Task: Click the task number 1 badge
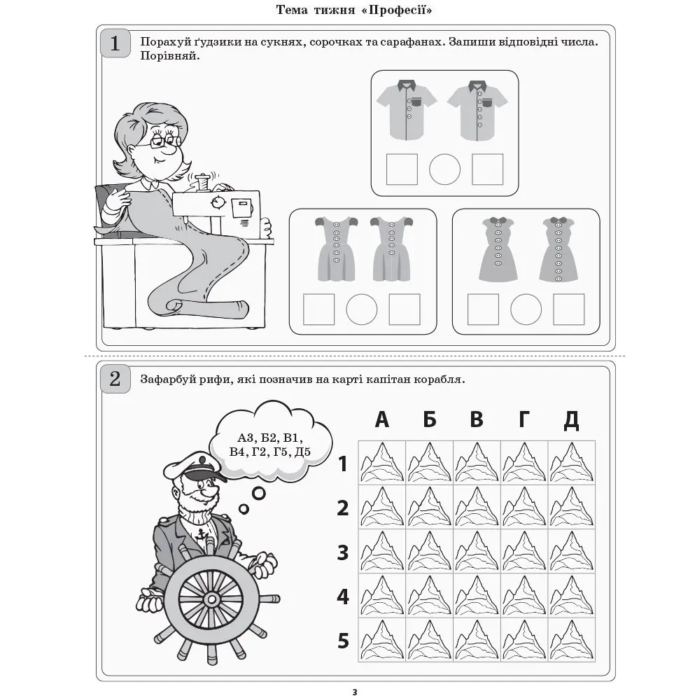pyautogui.click(x=115, y=43)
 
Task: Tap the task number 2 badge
pyautogui.click(x=115, y=379)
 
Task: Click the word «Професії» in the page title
pyautogui.click(x=397, y=10)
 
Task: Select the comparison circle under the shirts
pyautogui.click(x=444, y=169)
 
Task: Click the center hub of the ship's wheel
pyautogui.click(x=211, y=599)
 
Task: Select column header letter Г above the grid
pyautogui.click(x=524, y=419)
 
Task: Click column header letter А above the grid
pyautogui.click(x=381, y=419)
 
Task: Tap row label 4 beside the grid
pyautogui.click(x=343, y=597)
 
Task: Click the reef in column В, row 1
pyautogui.click(x=477, y=462)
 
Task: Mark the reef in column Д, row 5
pyautogui.click(x=572, y=639)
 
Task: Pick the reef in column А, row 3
pyautogui.click(x=381, y=551)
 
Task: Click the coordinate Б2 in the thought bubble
pyautogui.click(x=268, y=438)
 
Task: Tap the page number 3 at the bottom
pyautogui.click(x=355, y=692)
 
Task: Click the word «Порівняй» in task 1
pyautogui.click(x=170, y=56)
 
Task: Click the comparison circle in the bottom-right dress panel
pyautogui.click(x=526, y=309)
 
